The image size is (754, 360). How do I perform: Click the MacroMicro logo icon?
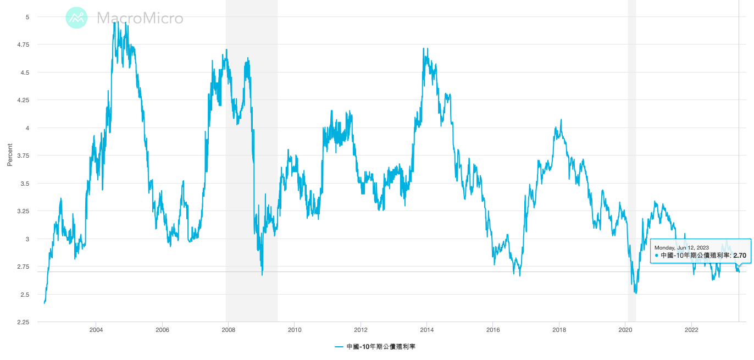click(x=76, y=18)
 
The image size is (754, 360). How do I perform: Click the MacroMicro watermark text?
click(x=140, y=18)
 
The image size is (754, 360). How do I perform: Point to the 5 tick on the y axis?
click(x=27, y=17)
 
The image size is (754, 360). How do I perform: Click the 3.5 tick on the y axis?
click(x=25, y=184)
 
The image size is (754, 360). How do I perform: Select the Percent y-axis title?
click(x=10, y=156)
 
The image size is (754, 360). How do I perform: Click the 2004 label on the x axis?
click(x=96, y=330)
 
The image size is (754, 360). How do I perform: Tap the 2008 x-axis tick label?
click(x=229, y=330)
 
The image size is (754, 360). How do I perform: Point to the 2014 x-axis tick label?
click(x=427, y=330)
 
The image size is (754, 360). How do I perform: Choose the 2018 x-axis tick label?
click(x=559, y=330)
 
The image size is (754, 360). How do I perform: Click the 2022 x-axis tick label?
click(x=691, y=330)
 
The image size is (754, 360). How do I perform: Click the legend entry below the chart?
click(x=379, y=347)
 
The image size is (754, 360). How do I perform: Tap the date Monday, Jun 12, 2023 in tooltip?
click(x=681, y=247)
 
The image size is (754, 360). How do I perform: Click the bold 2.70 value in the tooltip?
click(x=740, y=256)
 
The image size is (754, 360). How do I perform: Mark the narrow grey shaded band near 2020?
click(x=632, y=165)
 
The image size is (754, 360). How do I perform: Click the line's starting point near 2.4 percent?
click(x=44, y=302)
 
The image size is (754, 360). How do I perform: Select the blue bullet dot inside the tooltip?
click(x=656, y=256)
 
